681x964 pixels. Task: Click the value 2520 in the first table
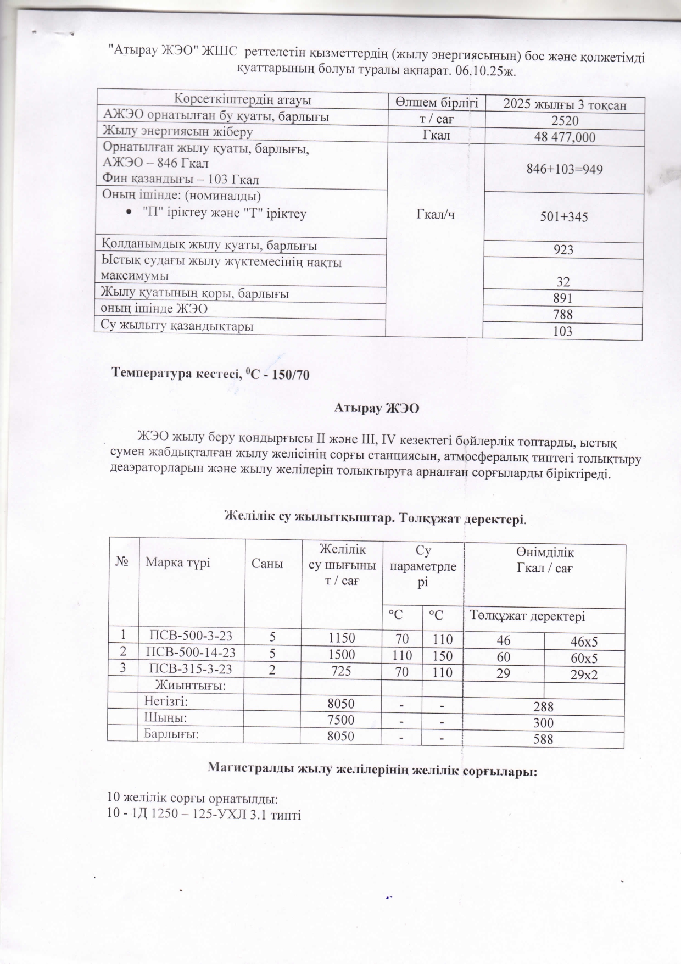point(564,121)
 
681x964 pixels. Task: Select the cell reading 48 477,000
point(564,137)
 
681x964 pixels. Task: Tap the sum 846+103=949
point(564,169)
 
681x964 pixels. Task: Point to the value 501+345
point(564,217)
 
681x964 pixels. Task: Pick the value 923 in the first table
point(564,250)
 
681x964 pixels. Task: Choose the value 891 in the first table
point(564,298)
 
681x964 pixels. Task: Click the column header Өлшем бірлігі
point(437,103)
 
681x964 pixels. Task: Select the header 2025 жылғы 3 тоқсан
point(565,105)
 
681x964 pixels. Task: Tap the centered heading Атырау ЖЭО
point(377,408)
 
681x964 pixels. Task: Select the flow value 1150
point(341,638)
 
